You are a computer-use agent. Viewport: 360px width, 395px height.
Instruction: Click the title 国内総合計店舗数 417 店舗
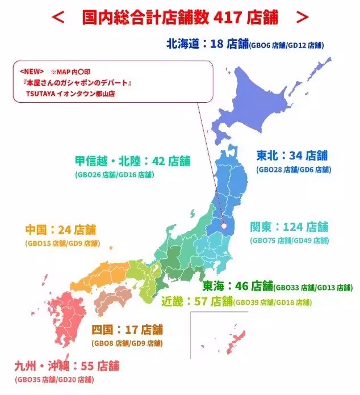[x=180, y=17]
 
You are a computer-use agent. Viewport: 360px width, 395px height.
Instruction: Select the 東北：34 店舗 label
[x=292, y=156]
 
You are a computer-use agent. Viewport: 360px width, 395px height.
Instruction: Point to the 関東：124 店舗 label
[x=289, y=227]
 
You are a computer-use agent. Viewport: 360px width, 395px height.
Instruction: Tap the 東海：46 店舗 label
[x=238, y=285]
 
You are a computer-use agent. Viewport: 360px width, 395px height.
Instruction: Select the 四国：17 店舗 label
[x=127, y=329]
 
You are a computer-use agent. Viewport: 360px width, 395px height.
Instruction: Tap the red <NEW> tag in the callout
[x=31, y=72]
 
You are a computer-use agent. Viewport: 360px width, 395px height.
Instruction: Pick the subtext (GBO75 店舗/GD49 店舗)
[x=289, y=241]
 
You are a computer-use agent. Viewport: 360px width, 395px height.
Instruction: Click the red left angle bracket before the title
[x=58, y=17]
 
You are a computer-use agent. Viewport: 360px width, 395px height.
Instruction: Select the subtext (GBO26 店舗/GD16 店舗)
[x=114, y=175]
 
